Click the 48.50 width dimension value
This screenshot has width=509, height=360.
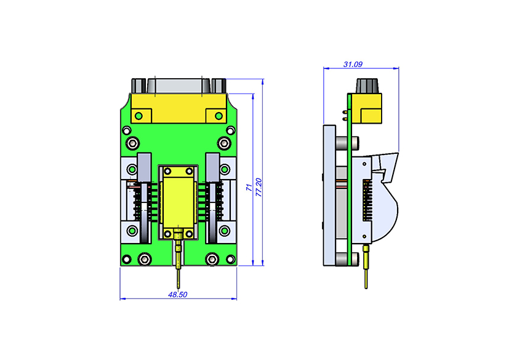[178, 294]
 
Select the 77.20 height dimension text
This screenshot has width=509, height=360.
[259, 187]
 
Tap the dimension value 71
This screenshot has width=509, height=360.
[249, 187]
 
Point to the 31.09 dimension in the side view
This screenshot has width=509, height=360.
[353, 64]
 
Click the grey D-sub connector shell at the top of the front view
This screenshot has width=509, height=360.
[178, 86]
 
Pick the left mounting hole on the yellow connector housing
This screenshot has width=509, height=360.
[138, 116]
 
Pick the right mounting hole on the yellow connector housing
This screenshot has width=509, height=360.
[218, 116]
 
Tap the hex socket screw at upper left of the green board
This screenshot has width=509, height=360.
[133, 143]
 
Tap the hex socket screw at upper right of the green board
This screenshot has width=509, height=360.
[223, 143]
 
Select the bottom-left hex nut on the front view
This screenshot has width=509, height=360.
[145, 259]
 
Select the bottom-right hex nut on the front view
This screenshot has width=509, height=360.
[212, 259]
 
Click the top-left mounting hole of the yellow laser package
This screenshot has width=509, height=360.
[167, 171]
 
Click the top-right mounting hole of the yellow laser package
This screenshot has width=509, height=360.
[189, 171]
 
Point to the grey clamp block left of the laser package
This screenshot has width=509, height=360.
[144, 167]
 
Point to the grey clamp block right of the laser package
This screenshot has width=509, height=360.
[213, 167]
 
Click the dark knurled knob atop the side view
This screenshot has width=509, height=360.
[367, 86]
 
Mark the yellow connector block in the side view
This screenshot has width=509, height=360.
[366, 108]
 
